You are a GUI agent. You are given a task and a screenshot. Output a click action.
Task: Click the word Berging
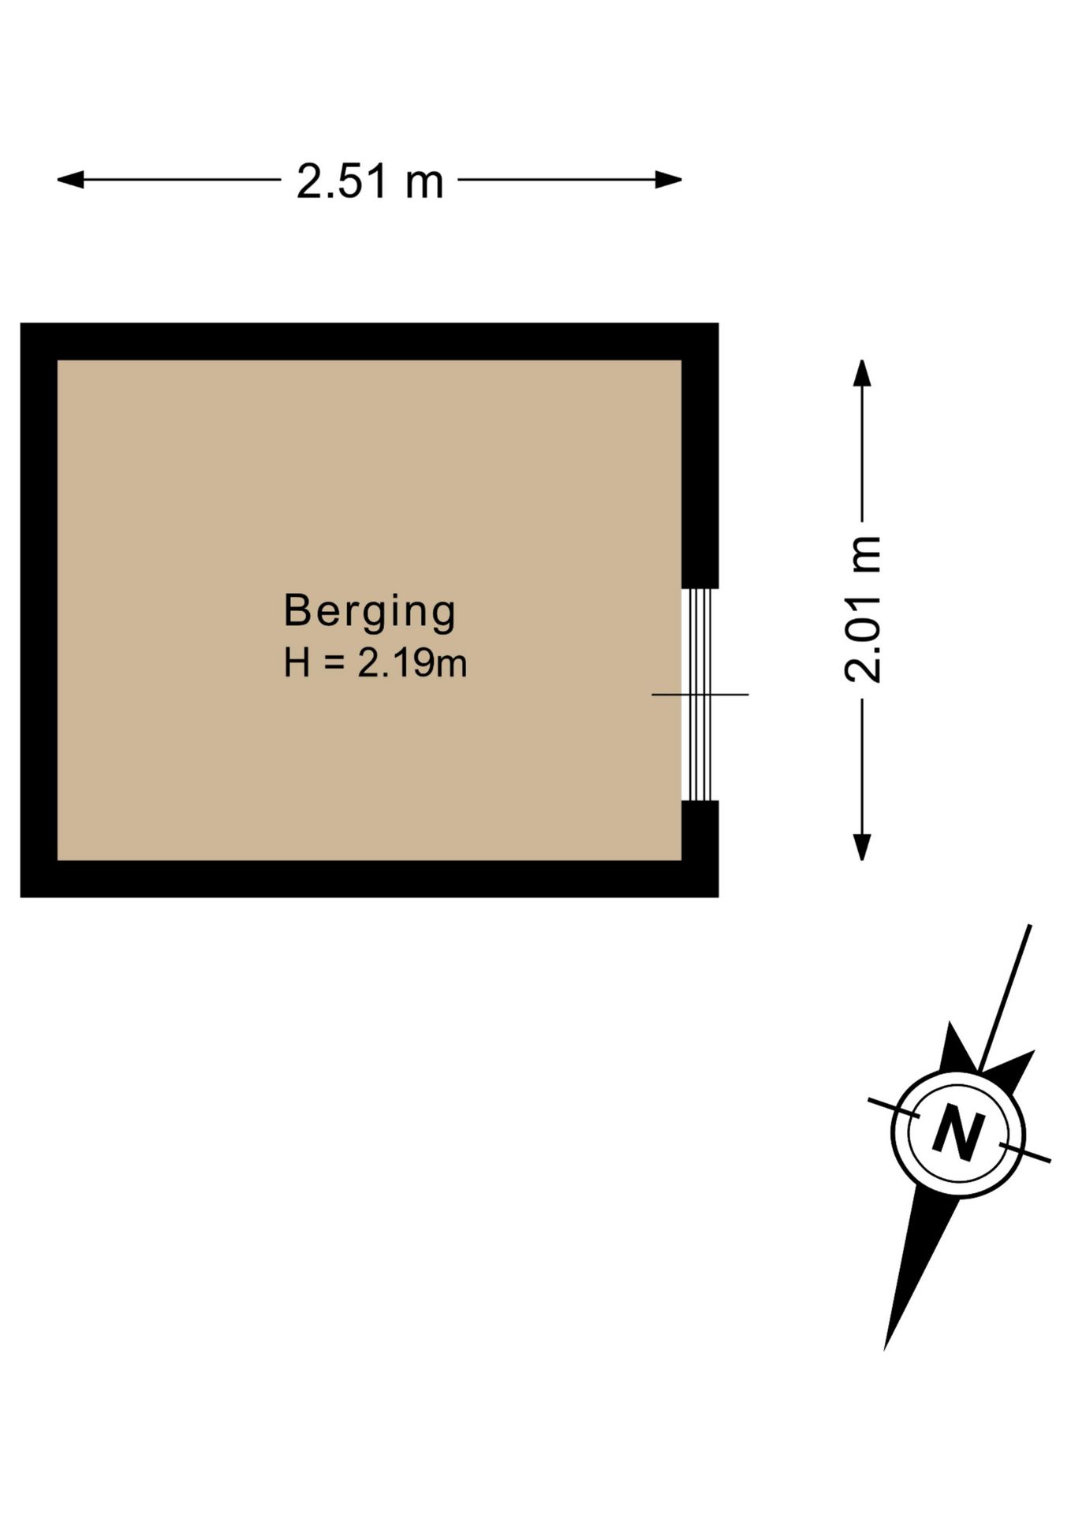point(370,613)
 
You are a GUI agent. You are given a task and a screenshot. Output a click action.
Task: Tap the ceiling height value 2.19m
point(412,663)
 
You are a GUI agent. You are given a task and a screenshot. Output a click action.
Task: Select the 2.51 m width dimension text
point(370,181)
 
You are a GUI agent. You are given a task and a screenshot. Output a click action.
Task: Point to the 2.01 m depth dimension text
point(862,609)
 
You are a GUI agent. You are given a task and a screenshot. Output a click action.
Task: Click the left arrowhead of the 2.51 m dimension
point(70,180)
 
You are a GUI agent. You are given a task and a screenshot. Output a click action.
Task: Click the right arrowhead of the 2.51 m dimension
point(669,180)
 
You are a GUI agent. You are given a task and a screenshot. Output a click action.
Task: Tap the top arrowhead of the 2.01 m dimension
point(862,373)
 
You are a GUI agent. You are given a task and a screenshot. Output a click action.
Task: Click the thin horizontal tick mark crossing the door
point(700,695)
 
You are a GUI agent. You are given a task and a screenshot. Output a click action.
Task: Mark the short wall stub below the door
point(700,830)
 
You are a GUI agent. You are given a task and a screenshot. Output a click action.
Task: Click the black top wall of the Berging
point(369,341)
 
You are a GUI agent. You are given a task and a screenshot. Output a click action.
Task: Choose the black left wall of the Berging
point(39,610)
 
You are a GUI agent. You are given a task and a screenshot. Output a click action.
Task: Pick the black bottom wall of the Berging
point(369,878)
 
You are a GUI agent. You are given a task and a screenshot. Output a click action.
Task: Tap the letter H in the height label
point(297,663)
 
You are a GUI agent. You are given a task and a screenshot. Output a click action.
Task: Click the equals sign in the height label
point(334,664)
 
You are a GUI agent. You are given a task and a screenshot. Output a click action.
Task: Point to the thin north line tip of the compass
point(1030,925)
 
